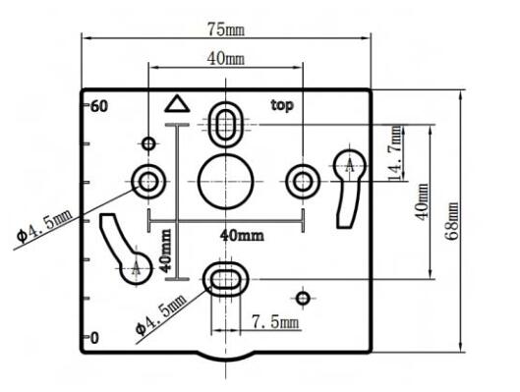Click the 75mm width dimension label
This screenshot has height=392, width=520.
(226, 29)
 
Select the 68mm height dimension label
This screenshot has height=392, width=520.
(452, 221)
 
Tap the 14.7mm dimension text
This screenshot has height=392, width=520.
(395, 153)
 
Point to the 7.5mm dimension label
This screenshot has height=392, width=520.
(275, 321)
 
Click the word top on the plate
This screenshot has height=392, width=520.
(282, 106)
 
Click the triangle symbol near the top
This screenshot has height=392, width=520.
(177, 103)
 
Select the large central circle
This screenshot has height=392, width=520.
(225, 181)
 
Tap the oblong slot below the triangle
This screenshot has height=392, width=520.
(226, 124)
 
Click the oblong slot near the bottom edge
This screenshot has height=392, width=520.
(225, 279)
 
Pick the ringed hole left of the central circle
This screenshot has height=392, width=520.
(148, 181)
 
